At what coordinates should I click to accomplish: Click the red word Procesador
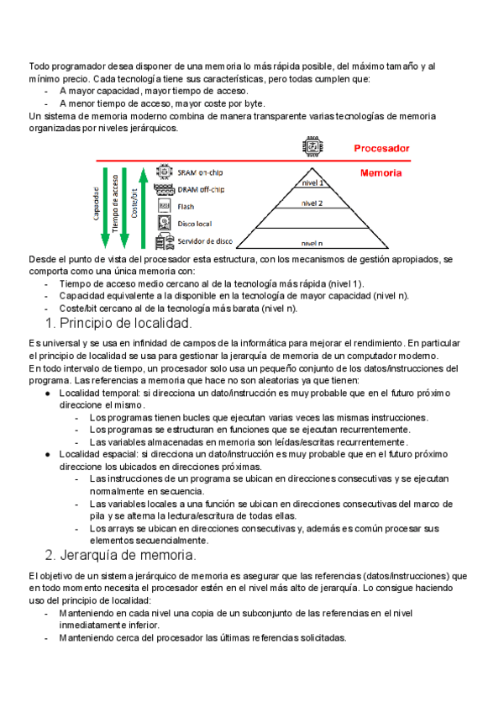point(381,148)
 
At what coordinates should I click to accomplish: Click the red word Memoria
point(381,173)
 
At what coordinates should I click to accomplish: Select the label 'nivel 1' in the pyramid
point(312,182)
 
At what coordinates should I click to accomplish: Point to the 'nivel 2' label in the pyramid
point(312,203)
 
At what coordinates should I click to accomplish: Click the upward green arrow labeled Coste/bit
point(143,206)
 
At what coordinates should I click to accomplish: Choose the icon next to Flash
point(165,206)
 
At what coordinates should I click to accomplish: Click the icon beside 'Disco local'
point(165,224)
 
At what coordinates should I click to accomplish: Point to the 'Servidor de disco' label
point(207,242)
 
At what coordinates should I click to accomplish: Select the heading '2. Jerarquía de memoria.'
point(120,555)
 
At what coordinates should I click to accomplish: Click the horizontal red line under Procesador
point(252,160)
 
